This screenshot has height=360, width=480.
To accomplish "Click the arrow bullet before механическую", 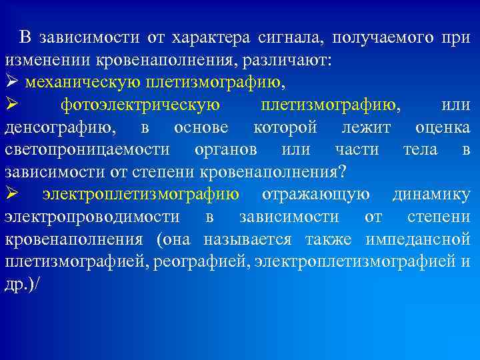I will [12, 82].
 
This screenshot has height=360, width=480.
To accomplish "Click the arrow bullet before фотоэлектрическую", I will [12, 105].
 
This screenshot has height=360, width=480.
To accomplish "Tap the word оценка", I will [442, 127].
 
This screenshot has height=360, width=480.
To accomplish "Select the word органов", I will [228, 150].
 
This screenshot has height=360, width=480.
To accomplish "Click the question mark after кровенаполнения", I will [342, 173].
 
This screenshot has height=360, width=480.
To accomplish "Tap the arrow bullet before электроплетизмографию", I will [12, 195].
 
